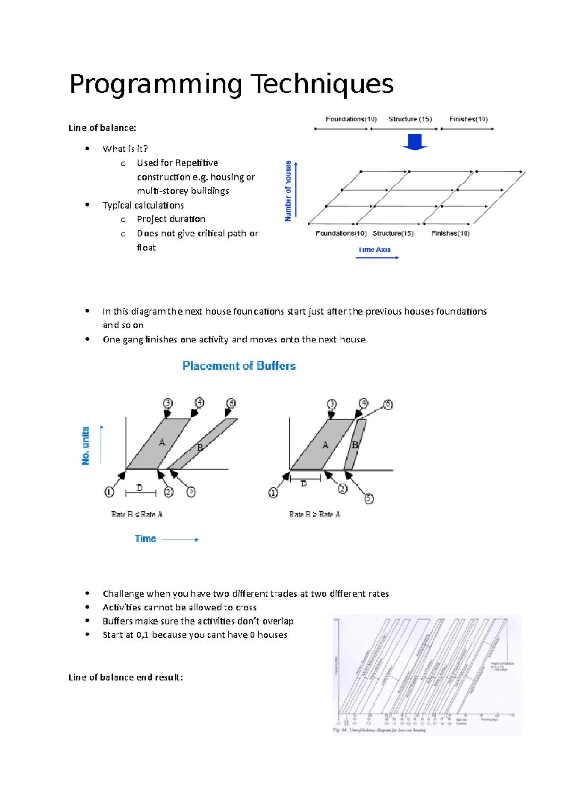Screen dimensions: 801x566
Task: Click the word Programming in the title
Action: point(156,84)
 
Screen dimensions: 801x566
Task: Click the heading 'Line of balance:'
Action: point(102,128)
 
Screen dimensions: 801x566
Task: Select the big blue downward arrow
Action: point(415,142)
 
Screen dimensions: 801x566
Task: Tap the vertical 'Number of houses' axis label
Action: point(288,191)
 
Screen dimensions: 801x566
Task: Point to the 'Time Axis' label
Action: point(375,250)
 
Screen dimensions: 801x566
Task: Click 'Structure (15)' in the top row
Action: point(410,119)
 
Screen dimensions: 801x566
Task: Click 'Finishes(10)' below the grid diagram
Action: point(450,233)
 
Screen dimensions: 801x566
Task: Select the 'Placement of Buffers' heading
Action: point(239,366)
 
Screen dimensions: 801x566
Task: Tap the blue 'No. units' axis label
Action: point(85,446)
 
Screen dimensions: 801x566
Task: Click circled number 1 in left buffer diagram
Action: point(109,492)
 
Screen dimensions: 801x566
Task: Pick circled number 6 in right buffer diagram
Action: point(388,405)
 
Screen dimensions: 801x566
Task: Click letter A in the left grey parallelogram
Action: point(162,442)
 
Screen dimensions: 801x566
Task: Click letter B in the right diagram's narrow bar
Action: point(355,445)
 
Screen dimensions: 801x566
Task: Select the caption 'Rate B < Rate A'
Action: point(137,514)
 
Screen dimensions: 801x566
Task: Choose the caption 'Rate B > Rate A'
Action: point(315,514)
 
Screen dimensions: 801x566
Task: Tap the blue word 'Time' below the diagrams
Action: point(145,539)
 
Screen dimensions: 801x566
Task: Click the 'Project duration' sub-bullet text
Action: point(171,219)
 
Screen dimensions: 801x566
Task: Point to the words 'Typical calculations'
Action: point(143,205)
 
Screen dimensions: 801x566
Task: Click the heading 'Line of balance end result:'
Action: point(125,677)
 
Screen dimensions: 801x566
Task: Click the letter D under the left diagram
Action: point(140,488)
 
